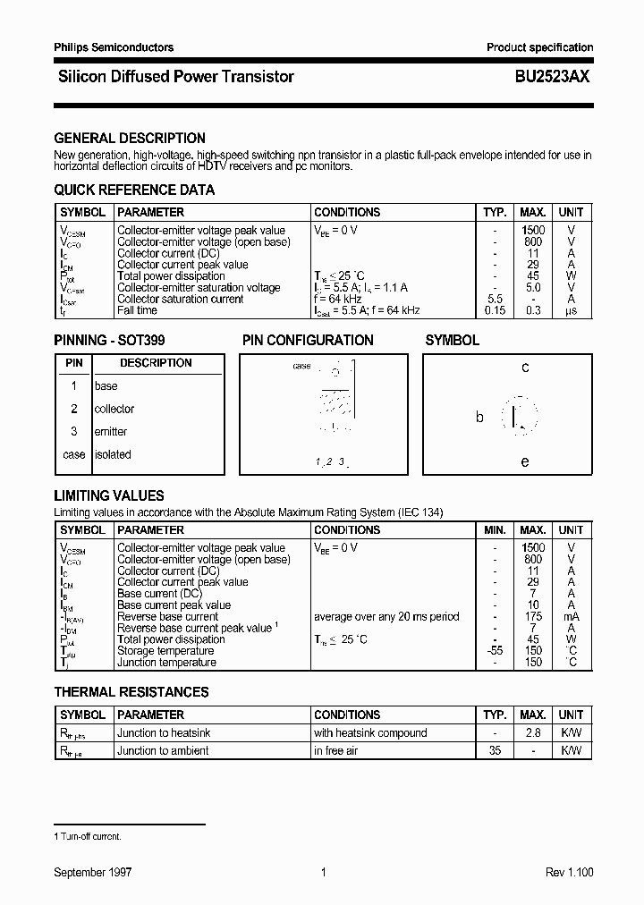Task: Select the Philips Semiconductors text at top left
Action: click(114, 47)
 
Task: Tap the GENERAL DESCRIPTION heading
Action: click(130, 139)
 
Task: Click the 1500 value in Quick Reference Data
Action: click(533, 231)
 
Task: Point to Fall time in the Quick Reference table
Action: click(137, 310)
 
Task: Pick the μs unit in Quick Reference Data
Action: click(571, 310)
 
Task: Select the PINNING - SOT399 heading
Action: click(109, 341)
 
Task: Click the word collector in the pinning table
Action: click(114, 409)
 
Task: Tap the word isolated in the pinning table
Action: click(113, 454)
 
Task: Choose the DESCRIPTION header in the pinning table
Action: click(156, 363)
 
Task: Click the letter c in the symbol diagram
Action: click(525, 368)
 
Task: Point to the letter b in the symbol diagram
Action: click(479, 417)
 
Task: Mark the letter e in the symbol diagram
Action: click(525, 461)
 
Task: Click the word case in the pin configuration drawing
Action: click(302, 367)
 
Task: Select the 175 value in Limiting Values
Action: click(533, 617)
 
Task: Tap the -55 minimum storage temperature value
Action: click(495, 651)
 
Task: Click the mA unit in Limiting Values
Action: click(571, 617)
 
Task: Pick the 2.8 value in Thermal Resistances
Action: click(533, 733)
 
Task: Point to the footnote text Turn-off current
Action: click(90, 837)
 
